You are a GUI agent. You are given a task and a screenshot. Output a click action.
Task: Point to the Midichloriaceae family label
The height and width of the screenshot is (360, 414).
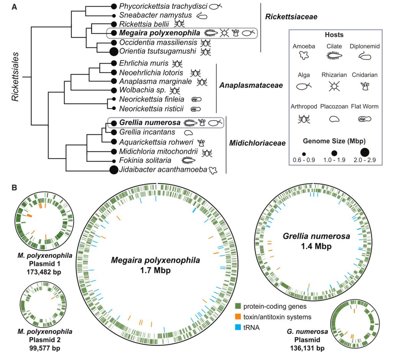coord(257,143)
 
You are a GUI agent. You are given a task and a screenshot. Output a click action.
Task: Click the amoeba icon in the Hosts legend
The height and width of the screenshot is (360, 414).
coord(304,56)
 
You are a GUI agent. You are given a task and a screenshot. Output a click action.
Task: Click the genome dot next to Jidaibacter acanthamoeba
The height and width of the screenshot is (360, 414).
coord(113,170)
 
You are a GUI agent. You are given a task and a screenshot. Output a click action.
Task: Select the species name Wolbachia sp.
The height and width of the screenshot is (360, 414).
coord(142,90)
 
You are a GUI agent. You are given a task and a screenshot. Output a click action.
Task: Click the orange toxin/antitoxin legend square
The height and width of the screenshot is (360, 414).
coord(238,317)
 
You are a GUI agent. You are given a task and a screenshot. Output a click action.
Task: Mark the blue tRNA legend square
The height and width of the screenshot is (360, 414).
coord(238,327)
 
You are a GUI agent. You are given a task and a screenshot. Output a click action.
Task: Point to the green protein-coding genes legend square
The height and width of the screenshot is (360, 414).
coord(238,306)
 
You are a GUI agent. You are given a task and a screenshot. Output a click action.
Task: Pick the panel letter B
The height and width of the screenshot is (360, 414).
coord(14,188)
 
